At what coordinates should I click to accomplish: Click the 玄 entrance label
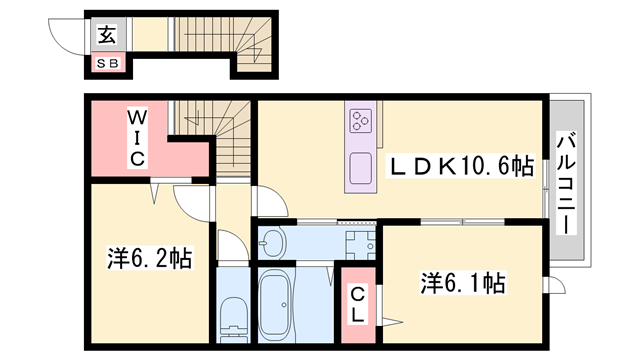click(106, 35)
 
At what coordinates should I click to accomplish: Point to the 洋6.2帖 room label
click(148, 259)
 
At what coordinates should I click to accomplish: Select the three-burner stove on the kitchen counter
click(359, 122)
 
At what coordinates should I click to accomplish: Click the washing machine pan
click(356, 241)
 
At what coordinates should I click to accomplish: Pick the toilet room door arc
click(229, 246)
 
